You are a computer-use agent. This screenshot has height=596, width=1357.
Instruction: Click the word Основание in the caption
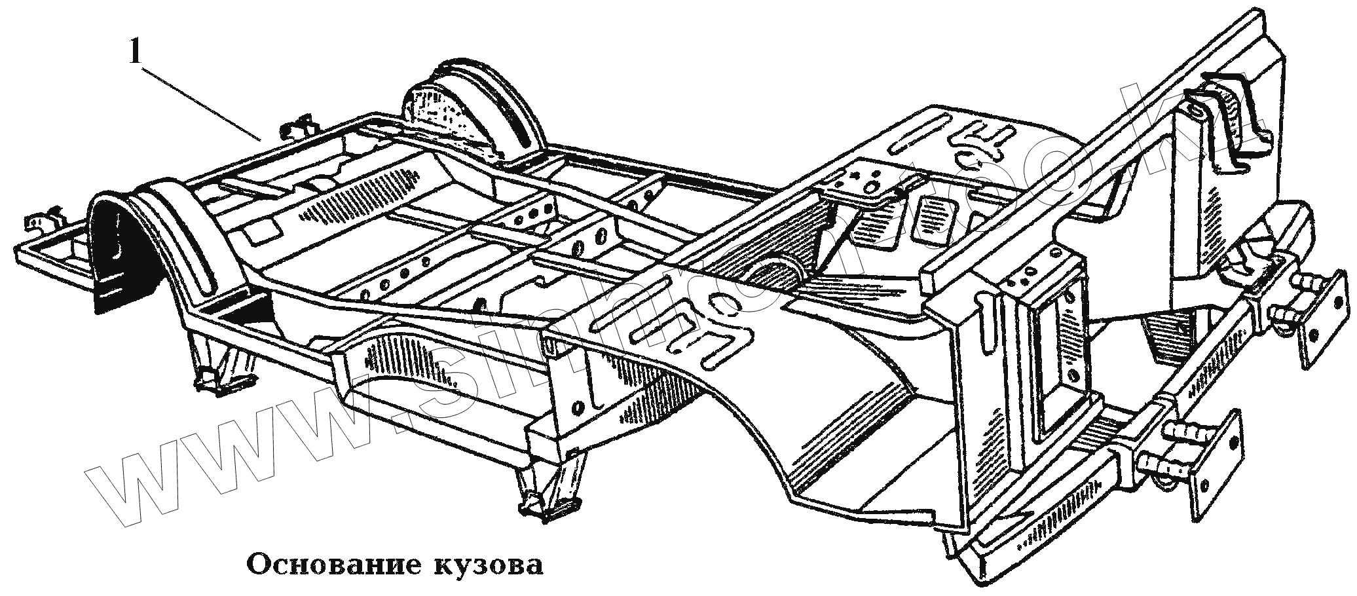pyautogui.click(x=328, y=564)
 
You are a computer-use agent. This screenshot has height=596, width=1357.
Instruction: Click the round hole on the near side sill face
pyautogui.click(x=577, y=407)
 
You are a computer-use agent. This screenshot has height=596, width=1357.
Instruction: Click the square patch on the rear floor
pyautogui.click(x=261, y=229)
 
